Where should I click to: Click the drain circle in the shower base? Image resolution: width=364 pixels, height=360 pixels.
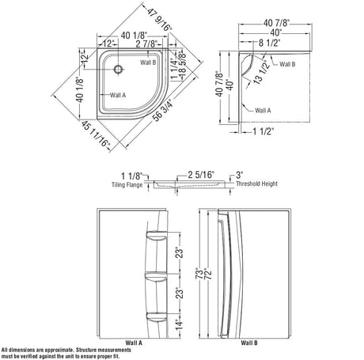118,69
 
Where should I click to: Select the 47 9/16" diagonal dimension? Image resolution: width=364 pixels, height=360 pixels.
160,20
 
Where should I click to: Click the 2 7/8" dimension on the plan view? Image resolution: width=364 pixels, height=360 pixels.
146,44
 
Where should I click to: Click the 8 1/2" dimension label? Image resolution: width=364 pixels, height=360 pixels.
269,43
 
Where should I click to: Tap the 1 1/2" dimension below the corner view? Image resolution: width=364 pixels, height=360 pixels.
264,131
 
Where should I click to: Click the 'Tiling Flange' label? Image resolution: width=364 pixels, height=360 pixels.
127,185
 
